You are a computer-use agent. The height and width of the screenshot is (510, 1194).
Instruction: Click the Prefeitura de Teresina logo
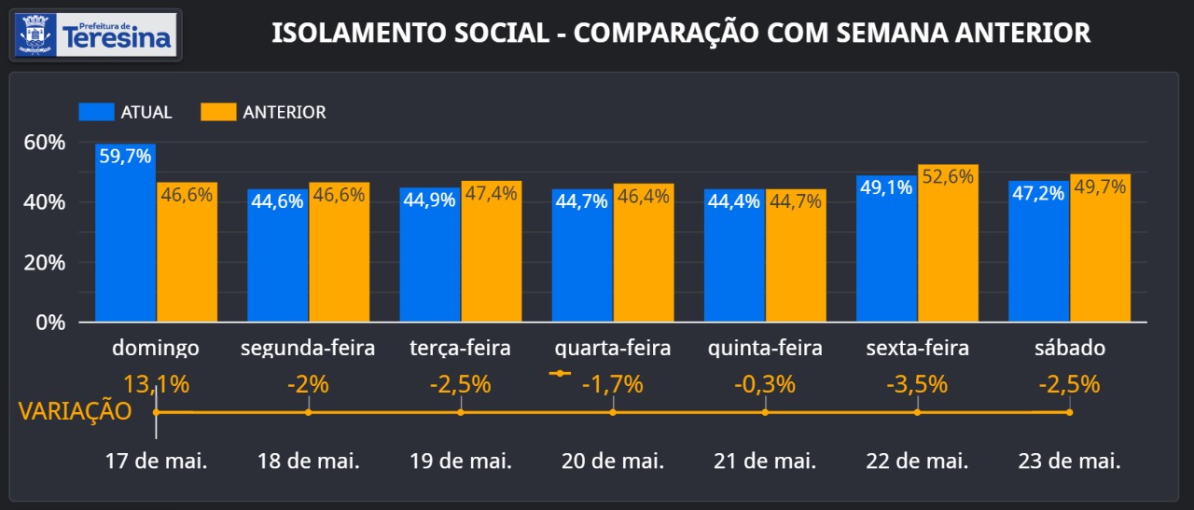tap(95, 34)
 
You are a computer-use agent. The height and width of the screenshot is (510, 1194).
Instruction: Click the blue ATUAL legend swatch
tap(95, 112)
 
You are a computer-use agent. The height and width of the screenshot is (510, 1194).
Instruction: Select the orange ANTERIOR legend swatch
tap(217, 112)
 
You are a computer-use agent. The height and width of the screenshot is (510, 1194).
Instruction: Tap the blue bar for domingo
tap(125, 233)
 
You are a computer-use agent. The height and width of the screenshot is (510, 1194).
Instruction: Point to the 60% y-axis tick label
tap(45, 143)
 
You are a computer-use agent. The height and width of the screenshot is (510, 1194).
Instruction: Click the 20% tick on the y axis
tap(45, 263)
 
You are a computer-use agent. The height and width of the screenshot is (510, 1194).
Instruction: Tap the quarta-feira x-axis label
tap(612, 349)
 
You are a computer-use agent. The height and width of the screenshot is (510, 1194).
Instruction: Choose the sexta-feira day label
tap(917, 349)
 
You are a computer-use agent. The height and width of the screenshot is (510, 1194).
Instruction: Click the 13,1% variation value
tap(156, 384)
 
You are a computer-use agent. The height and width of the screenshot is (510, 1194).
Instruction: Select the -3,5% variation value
tap(917, 384)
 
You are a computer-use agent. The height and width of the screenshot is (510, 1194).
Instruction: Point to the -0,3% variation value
tap(765, 384)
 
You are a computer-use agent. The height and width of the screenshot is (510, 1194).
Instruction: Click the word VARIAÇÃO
tap(75, 411)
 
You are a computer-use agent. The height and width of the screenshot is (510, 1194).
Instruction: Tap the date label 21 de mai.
tap(765, 461)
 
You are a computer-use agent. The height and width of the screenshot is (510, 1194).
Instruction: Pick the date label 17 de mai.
tap(156, 461)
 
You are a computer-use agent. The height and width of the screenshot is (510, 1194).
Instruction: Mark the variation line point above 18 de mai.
tap(309, 412)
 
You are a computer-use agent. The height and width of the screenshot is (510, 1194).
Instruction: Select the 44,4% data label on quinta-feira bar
tap(734, 201)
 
